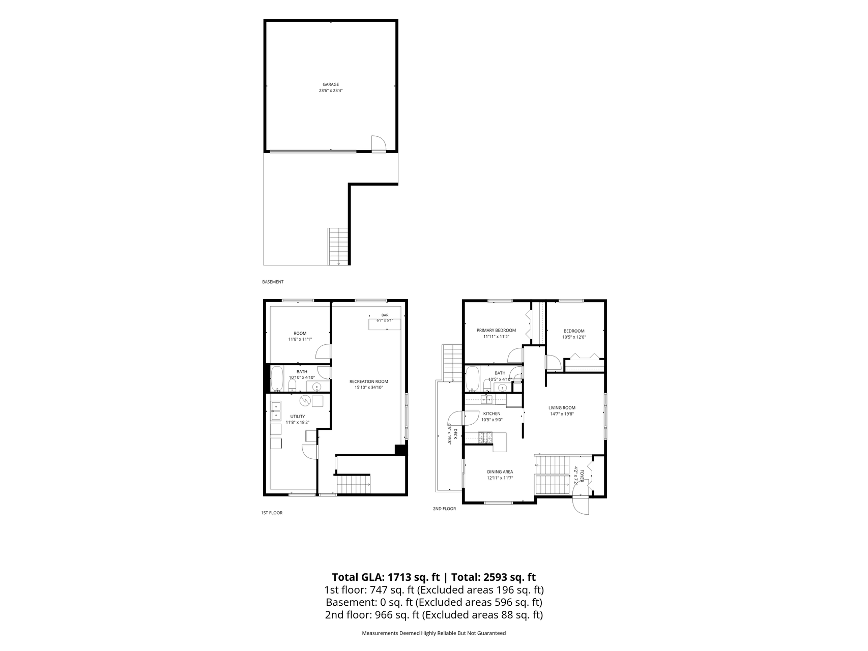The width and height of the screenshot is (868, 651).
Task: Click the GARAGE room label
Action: point(331,84)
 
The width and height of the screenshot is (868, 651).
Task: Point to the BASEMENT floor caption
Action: point(273,282)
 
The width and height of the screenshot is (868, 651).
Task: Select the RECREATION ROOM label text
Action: point(368,381)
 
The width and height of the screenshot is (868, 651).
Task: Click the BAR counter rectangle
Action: point(385,324)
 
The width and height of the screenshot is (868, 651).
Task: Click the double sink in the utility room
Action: point(275,411)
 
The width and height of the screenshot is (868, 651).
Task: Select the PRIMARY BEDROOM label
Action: point(496,331)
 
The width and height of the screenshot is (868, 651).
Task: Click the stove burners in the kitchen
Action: point(485,436)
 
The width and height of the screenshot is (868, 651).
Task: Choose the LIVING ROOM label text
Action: point(562,408)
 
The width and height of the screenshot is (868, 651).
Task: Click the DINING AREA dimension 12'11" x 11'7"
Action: point(500,478)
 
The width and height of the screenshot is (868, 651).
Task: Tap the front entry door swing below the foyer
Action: point(581,506)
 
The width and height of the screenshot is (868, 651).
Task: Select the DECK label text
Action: point(455,434)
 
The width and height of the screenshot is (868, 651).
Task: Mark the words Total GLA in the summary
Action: point(357,577)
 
